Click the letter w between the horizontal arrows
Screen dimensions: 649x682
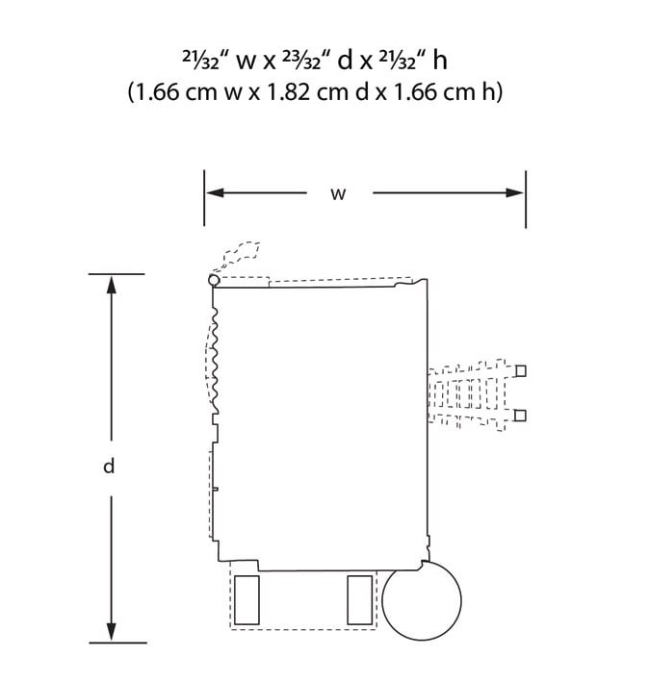(338, 194)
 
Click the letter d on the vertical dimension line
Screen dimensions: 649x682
(109, 466)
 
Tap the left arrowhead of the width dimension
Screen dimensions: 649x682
(215, 192)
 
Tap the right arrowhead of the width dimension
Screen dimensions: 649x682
(514, 192)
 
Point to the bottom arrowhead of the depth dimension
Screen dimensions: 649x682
(112, 632)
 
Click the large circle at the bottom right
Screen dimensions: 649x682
(422, 600)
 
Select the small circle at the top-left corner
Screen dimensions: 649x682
(214, 280)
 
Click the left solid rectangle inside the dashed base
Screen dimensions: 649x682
(247, 600)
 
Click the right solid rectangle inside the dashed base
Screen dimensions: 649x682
(360, 600)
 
